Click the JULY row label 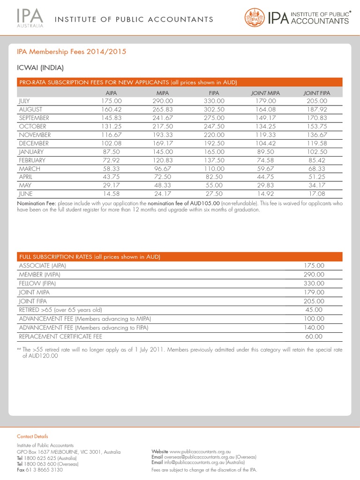[24, 101]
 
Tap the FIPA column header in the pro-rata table [214, 93]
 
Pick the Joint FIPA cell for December [317, 143]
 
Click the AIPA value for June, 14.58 [112, 193]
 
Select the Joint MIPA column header [265, 93]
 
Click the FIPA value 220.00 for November [214, 135]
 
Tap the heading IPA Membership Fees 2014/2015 [72, 52]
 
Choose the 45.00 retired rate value [314, 310]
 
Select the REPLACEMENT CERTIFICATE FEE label [60, 337]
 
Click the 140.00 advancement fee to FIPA [314, 328]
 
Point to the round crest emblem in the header [255, 19]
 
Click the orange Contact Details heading [32, 436]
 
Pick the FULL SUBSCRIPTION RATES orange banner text [89, 257]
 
